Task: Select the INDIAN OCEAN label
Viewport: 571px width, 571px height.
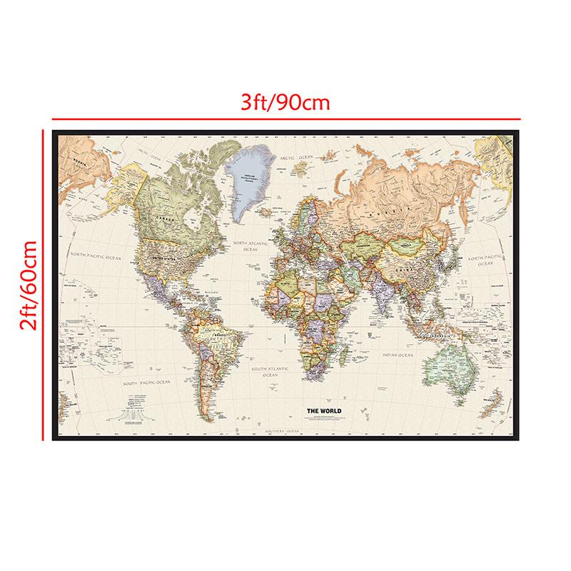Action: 395,355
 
